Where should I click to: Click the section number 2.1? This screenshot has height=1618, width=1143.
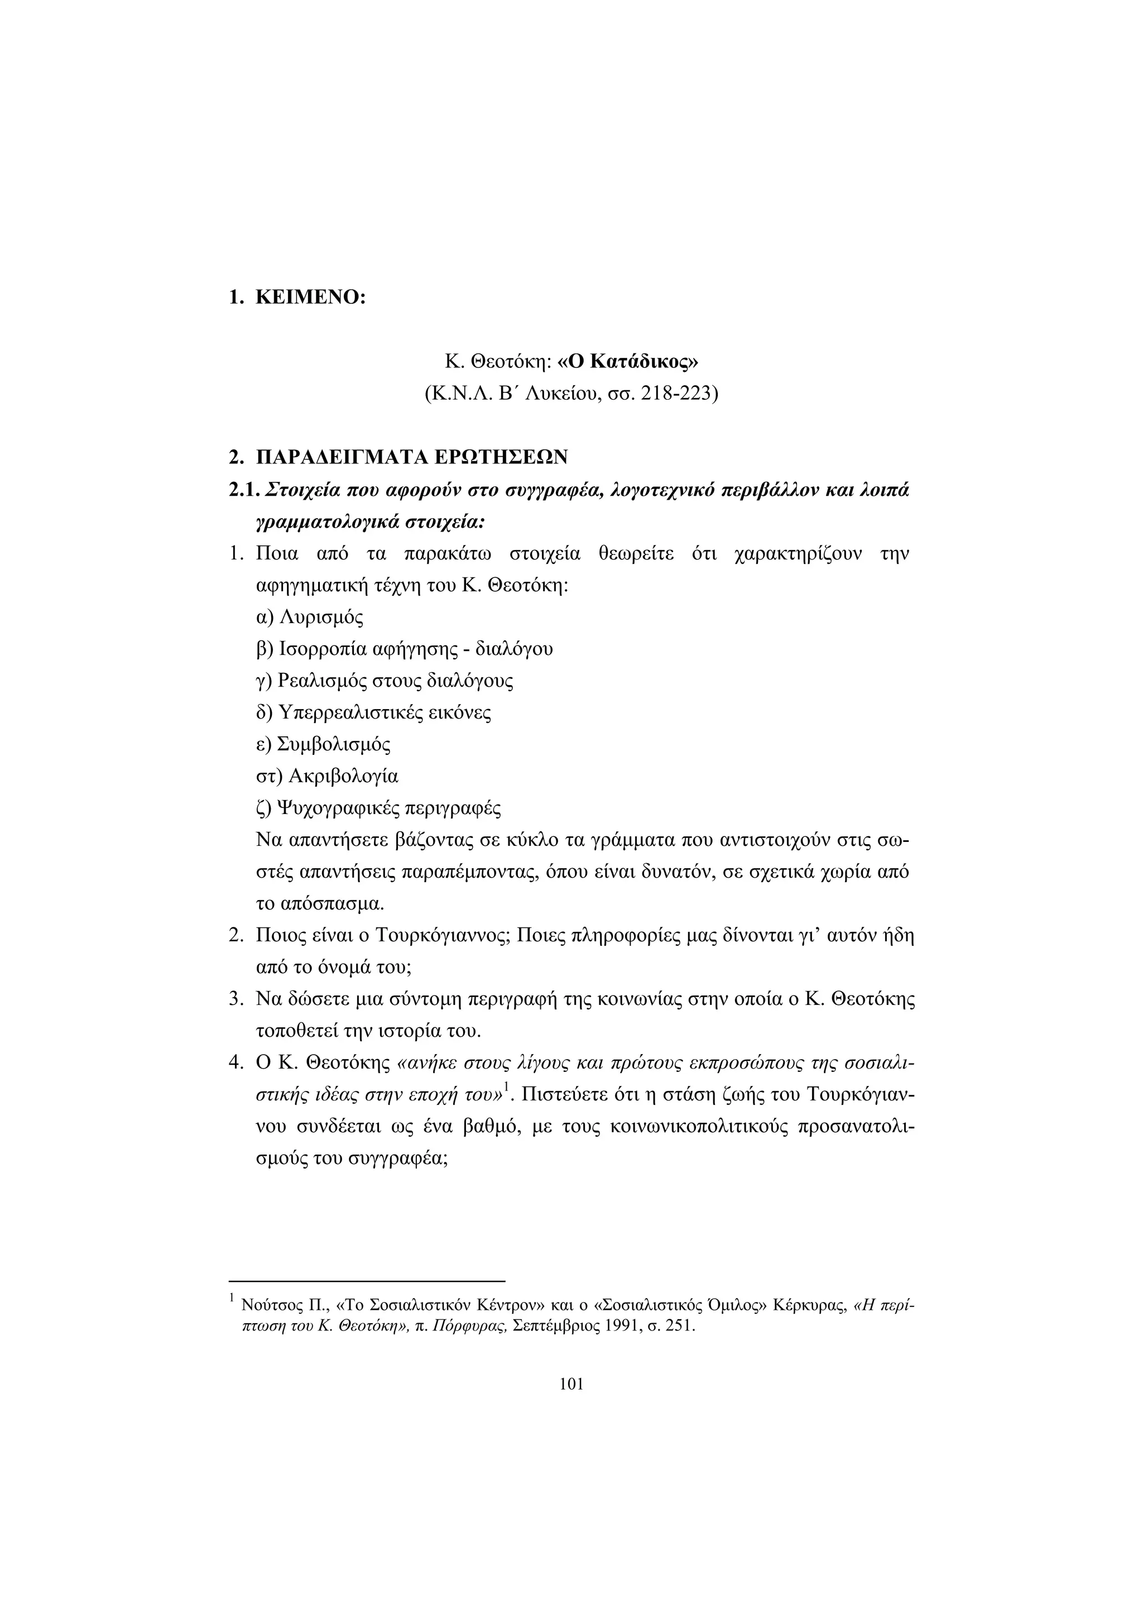click(244, 490)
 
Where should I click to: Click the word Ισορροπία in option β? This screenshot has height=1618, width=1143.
click(320, 648)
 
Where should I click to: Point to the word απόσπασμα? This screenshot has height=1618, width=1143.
click(333, 903)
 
